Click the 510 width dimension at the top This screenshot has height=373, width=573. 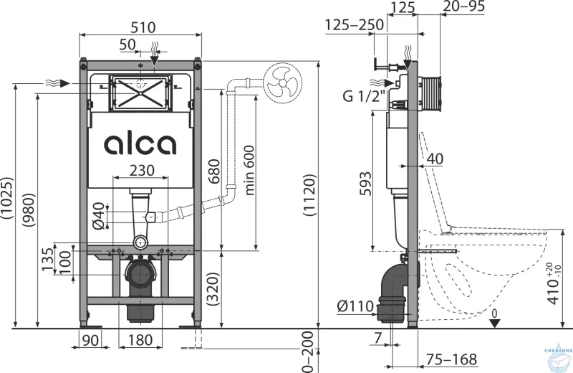coord(140,27)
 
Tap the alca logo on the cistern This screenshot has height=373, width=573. coord(140,144)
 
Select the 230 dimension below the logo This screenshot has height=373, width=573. coord(140,169)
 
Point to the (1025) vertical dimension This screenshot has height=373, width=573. coord(9,204)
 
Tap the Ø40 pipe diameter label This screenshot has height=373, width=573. coord(100,216)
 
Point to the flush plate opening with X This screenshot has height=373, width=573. coord(140,93)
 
